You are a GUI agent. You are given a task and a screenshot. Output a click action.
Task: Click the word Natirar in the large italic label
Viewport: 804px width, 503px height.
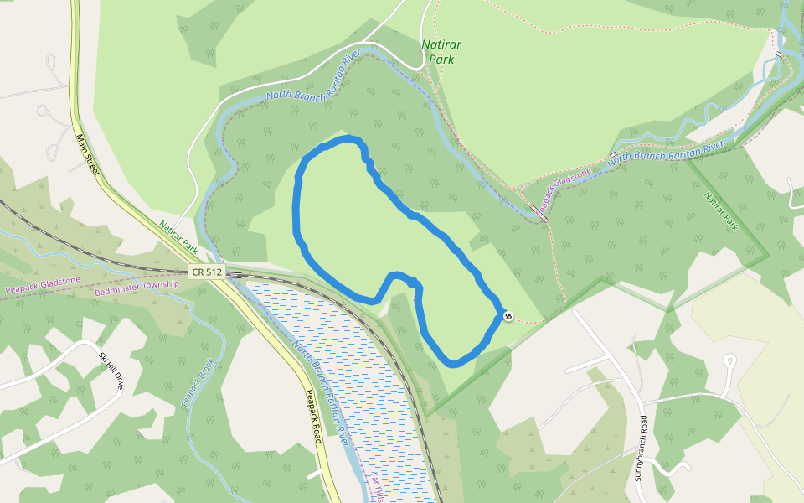tap(441, 44)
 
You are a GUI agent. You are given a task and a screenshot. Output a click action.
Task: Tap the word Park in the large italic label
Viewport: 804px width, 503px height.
tap(441, 60)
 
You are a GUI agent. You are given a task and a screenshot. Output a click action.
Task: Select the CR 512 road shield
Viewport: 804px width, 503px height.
tap(206, 272)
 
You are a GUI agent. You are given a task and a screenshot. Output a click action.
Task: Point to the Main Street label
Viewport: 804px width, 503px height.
tap(87, 154)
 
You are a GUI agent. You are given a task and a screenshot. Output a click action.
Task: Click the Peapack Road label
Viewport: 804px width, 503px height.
tap(313, 416)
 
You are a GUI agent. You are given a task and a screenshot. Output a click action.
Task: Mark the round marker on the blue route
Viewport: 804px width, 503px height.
tap(508, 316)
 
